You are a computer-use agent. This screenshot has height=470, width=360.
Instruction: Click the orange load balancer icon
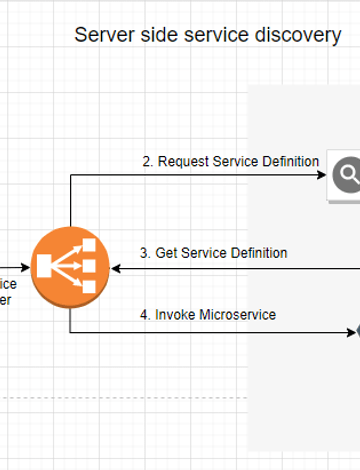click(69, 266)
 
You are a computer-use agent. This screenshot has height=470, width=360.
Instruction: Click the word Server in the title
click(102, 36)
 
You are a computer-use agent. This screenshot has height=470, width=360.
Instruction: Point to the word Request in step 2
click(183, 161)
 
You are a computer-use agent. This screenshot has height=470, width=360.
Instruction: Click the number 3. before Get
click(145, 253)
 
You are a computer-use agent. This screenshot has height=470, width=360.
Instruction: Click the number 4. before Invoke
click(145, 315)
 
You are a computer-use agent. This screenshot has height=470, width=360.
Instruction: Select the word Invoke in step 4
click(176, 315)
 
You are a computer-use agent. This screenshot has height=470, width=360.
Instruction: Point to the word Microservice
click(238, 315)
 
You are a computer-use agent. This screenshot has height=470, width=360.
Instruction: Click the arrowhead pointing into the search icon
click(322, 176)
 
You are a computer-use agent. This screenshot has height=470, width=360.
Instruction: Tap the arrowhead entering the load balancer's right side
click(116, 268)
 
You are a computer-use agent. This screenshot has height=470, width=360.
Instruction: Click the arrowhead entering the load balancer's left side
click(25, 268)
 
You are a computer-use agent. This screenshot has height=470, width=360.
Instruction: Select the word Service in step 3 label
click(203, 253)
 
